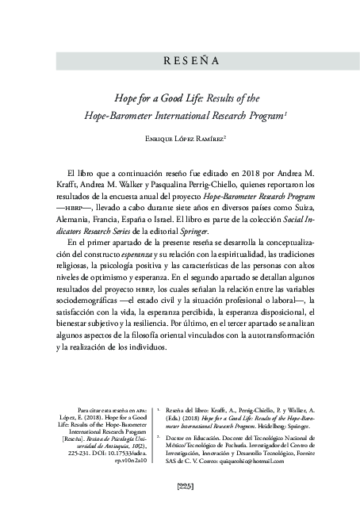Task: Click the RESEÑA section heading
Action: coord(180,61)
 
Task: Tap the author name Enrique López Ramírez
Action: coord(180,140)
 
